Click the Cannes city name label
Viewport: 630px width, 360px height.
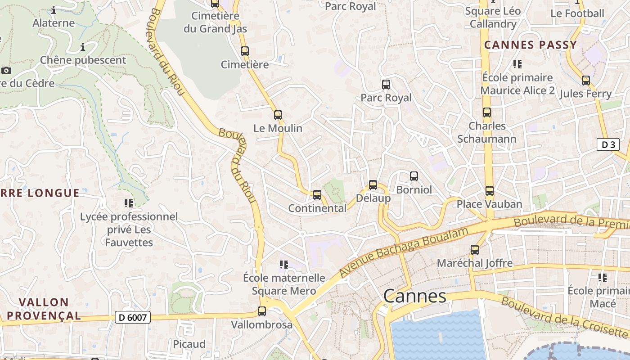pos(415,296)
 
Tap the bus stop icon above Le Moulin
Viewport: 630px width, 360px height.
pos(278,115)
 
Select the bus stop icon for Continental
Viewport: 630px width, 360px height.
pos(317,195)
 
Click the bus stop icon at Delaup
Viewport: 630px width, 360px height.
pos(373,185)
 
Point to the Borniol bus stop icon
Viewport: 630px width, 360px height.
pos(414,176)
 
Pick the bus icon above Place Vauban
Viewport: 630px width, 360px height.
pos(490,191)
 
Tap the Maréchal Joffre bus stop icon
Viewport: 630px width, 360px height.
pos(475,250)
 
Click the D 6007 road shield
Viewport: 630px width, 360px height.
pos(132,317)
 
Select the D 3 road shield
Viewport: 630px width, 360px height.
pos(608,144)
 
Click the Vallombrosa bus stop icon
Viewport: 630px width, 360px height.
pos(262,311)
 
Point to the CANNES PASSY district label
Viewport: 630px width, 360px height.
pos(531,45)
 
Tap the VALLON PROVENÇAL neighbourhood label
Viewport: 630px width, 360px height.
pos(44,309)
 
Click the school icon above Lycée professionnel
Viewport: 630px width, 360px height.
pos(129,203)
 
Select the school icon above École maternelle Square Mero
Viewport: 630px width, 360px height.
pos(283,264)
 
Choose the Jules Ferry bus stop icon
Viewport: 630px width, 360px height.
pos(586,81)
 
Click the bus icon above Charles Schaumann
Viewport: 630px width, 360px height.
pos(487,112)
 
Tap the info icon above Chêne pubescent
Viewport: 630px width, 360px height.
pos(83,47)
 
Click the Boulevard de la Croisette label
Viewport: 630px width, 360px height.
pos(564,317)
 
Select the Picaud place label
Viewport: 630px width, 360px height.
pos(189,344)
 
